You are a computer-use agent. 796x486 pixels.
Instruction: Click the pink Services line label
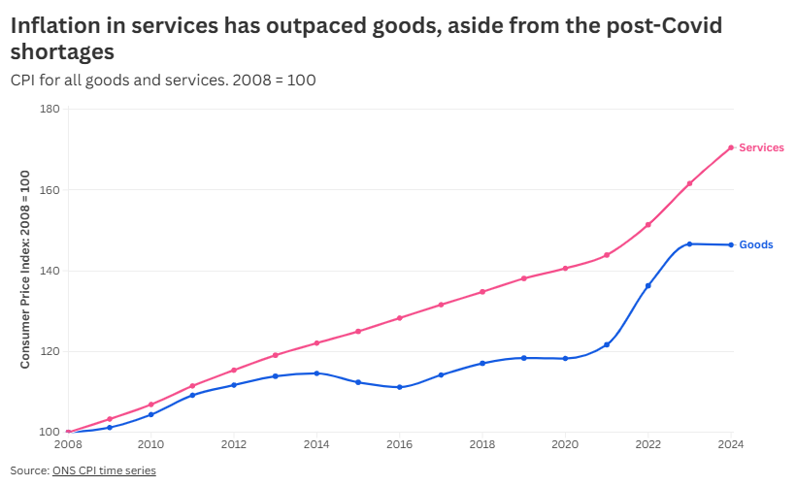tap(761, 147)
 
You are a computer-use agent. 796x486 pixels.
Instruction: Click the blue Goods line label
tap(756, 244)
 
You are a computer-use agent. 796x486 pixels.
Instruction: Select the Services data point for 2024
tap(731, 147)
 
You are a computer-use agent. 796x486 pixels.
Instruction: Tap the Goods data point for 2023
tap(689, 243)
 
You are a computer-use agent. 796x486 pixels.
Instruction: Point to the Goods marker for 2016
tap(400, 387)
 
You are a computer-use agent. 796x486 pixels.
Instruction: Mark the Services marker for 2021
tap(607, 255)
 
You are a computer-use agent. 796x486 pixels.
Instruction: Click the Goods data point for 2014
tap(316, 373)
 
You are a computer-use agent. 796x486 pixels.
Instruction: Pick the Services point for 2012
tap(234, 370)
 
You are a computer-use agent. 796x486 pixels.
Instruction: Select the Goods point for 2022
tap(648, 285)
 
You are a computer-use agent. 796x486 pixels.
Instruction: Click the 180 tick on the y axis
tap(50, 110)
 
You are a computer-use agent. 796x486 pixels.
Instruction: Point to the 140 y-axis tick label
tap(50, 271)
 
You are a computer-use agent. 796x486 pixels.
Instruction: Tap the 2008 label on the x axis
tap(68, 444)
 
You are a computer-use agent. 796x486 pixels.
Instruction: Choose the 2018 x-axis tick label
tap(482, 444)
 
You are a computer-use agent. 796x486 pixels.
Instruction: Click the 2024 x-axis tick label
tap(730, 444)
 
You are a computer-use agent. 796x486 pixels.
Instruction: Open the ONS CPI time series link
tap(104, 470)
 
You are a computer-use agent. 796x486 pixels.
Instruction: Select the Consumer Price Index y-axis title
tap(26, 269)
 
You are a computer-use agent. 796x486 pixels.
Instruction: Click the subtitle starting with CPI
tap(163, 80)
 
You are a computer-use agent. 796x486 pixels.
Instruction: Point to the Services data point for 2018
tap(482, 291)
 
